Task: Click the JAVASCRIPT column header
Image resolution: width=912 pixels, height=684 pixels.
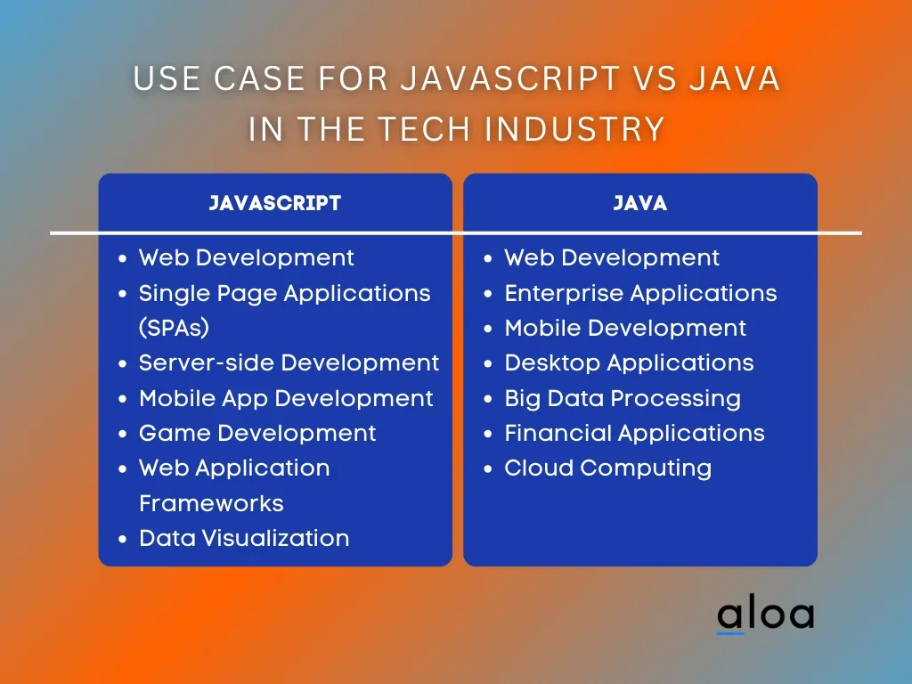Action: click(x=274, y=203)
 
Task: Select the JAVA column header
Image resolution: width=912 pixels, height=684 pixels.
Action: click(x=639, y=203)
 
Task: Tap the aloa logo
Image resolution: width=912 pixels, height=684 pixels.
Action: click(x=765, y=614)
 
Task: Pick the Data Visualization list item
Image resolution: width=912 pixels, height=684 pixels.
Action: click(x=244, y=538)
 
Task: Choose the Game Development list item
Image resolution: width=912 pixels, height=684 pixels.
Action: click(x=257, y=434)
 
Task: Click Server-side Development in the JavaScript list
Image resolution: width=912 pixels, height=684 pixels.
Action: click(x=289, y=363)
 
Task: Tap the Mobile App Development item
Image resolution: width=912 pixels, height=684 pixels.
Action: click(x=286, y=398)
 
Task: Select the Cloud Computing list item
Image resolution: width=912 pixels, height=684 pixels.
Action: click(x=607, y=468)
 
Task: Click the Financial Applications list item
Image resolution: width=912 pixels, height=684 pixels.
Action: click(x=634, y=434)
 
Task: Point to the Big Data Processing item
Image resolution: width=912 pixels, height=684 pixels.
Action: click(x=623, y=399)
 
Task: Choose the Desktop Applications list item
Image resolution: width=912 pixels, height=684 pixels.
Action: click(x=630, y=363)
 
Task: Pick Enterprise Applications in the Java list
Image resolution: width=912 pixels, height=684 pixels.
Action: click(x=640, y=294)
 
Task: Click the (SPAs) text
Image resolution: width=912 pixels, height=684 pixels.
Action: click(x=174, y=328)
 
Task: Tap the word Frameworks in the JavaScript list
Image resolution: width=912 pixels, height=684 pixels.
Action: click(x=212, y=503)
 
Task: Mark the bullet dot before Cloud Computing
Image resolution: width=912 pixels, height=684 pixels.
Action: click(x=488, y=468)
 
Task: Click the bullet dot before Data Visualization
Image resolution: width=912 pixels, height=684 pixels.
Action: click(x=122, y=539)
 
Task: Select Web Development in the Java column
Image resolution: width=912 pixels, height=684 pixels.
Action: click(x=612, y=258)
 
